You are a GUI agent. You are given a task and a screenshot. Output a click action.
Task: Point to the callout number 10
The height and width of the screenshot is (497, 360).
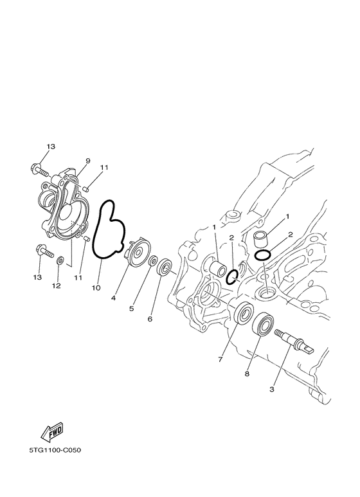(96, 288)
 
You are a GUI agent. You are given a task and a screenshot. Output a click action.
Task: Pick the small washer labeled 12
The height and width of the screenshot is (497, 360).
(60, 260)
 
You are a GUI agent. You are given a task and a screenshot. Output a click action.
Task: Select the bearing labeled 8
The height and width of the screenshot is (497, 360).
(264, 324)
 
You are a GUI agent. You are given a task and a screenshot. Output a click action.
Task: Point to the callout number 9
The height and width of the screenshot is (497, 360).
(87, 161)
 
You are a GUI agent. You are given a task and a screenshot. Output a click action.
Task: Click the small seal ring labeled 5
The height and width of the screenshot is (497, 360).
(153, 262)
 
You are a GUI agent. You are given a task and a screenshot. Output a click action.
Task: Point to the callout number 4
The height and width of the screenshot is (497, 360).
(113, 298)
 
